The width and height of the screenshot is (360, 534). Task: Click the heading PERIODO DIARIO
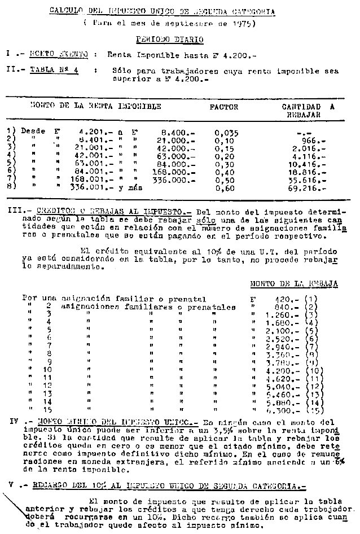[169, 40]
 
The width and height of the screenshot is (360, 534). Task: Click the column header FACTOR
[224, 106]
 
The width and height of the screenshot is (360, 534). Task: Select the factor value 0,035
[227, 133]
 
